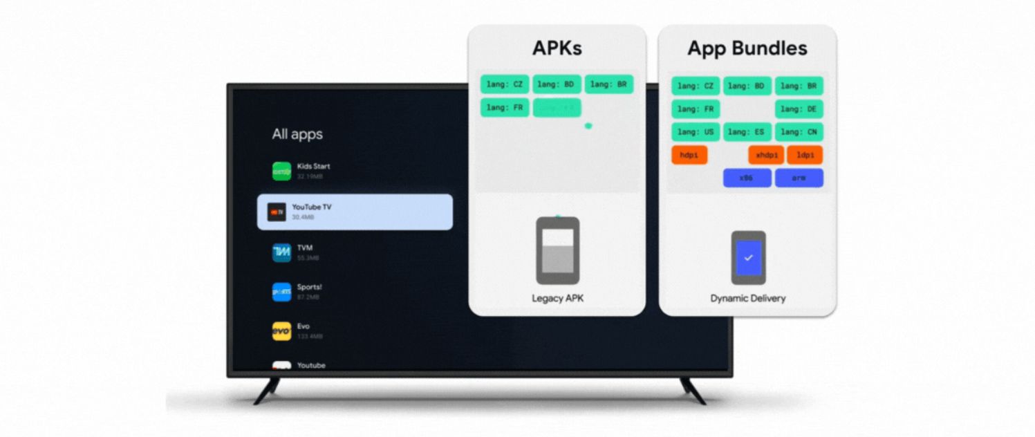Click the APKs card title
(557, 48)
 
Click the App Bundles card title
(747, 48)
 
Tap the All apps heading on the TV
(297, 134)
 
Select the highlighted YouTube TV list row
(355, 212)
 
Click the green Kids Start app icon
(281, 171)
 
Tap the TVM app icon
(281, 252)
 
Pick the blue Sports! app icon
(281, 292)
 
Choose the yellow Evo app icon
(281, 331)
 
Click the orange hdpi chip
(689, 156)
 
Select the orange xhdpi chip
(766, 156)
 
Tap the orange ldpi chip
(805, 156)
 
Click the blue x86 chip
(747, 178)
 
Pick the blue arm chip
(799, 178)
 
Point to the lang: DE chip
(799, 109)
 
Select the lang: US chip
(696, 132)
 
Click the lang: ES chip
(747, 132)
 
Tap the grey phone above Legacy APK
(557, 250)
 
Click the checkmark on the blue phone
(748, 257)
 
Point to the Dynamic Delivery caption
(747, 299)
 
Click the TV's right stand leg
(692, 390)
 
